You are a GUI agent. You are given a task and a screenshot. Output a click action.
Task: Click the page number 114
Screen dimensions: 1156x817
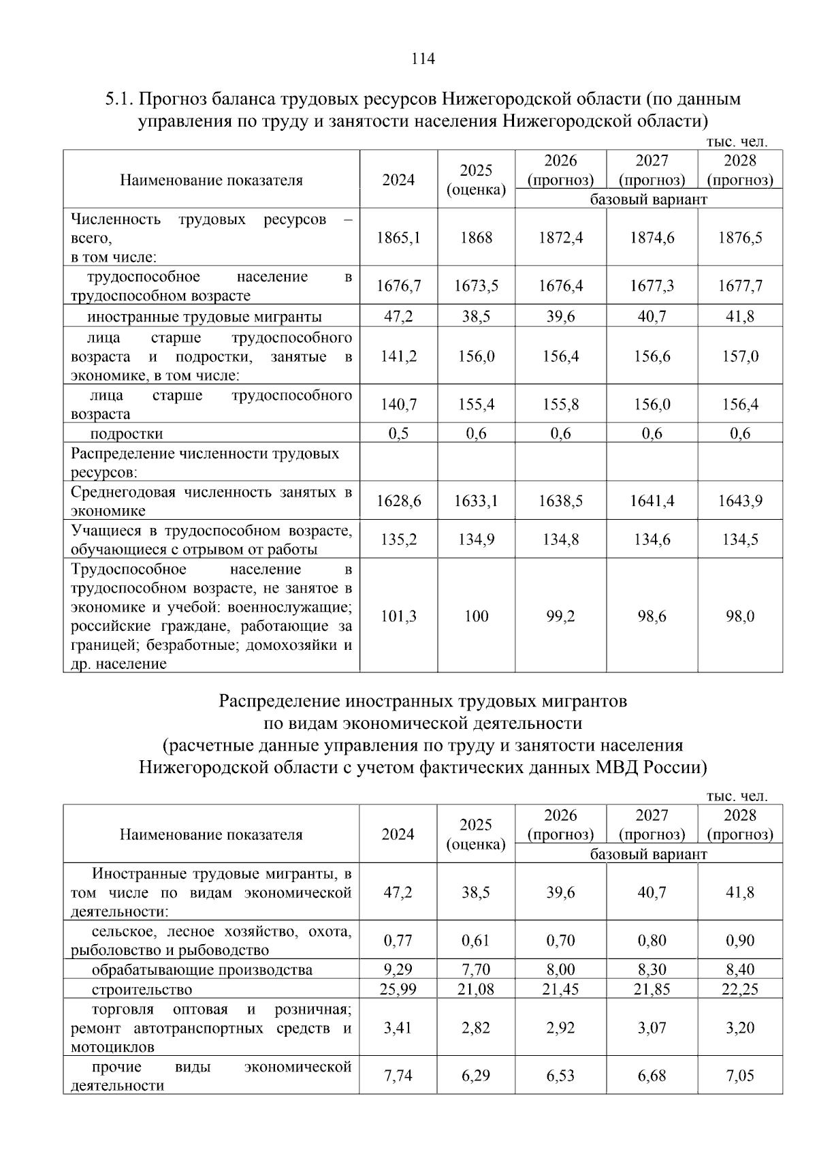(423, 59)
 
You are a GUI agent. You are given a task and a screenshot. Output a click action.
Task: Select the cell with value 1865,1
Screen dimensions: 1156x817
(398, 238)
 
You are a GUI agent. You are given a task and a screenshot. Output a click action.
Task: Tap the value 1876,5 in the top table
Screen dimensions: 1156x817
(740, 238)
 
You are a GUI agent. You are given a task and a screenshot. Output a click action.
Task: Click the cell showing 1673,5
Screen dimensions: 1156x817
(476, 286)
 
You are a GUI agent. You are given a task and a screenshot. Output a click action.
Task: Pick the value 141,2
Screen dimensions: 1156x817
(398, 357)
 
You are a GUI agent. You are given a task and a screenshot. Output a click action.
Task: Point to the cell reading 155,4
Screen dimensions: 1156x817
(476, 405)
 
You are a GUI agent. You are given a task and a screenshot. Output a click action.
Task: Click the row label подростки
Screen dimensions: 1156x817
(127, 434)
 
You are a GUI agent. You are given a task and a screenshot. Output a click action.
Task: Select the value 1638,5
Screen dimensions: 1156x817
(560, 501)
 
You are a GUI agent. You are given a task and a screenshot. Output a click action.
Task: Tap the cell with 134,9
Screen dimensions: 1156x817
(476, 540)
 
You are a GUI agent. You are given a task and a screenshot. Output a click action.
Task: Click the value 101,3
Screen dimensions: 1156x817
(398, 616)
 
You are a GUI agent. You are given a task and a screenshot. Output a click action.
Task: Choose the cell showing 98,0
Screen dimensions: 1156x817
(740, 616)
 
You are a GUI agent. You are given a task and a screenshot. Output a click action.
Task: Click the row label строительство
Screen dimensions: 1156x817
(142, 990)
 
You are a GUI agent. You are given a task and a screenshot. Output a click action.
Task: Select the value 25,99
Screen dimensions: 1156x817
(398, 989)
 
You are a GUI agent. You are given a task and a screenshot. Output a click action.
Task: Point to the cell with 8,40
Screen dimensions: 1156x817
(740, 969)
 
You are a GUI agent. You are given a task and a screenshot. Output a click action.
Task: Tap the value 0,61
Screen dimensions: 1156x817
(476, 941)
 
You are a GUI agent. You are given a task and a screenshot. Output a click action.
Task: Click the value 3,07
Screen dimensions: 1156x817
(652, 1028)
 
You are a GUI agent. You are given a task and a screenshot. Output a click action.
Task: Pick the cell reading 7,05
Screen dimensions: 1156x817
(740, 1076)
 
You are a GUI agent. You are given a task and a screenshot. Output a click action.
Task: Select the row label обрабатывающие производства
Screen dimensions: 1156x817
(202, 970)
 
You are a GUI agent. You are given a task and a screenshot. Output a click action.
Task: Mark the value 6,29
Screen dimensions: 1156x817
(476, 1076)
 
